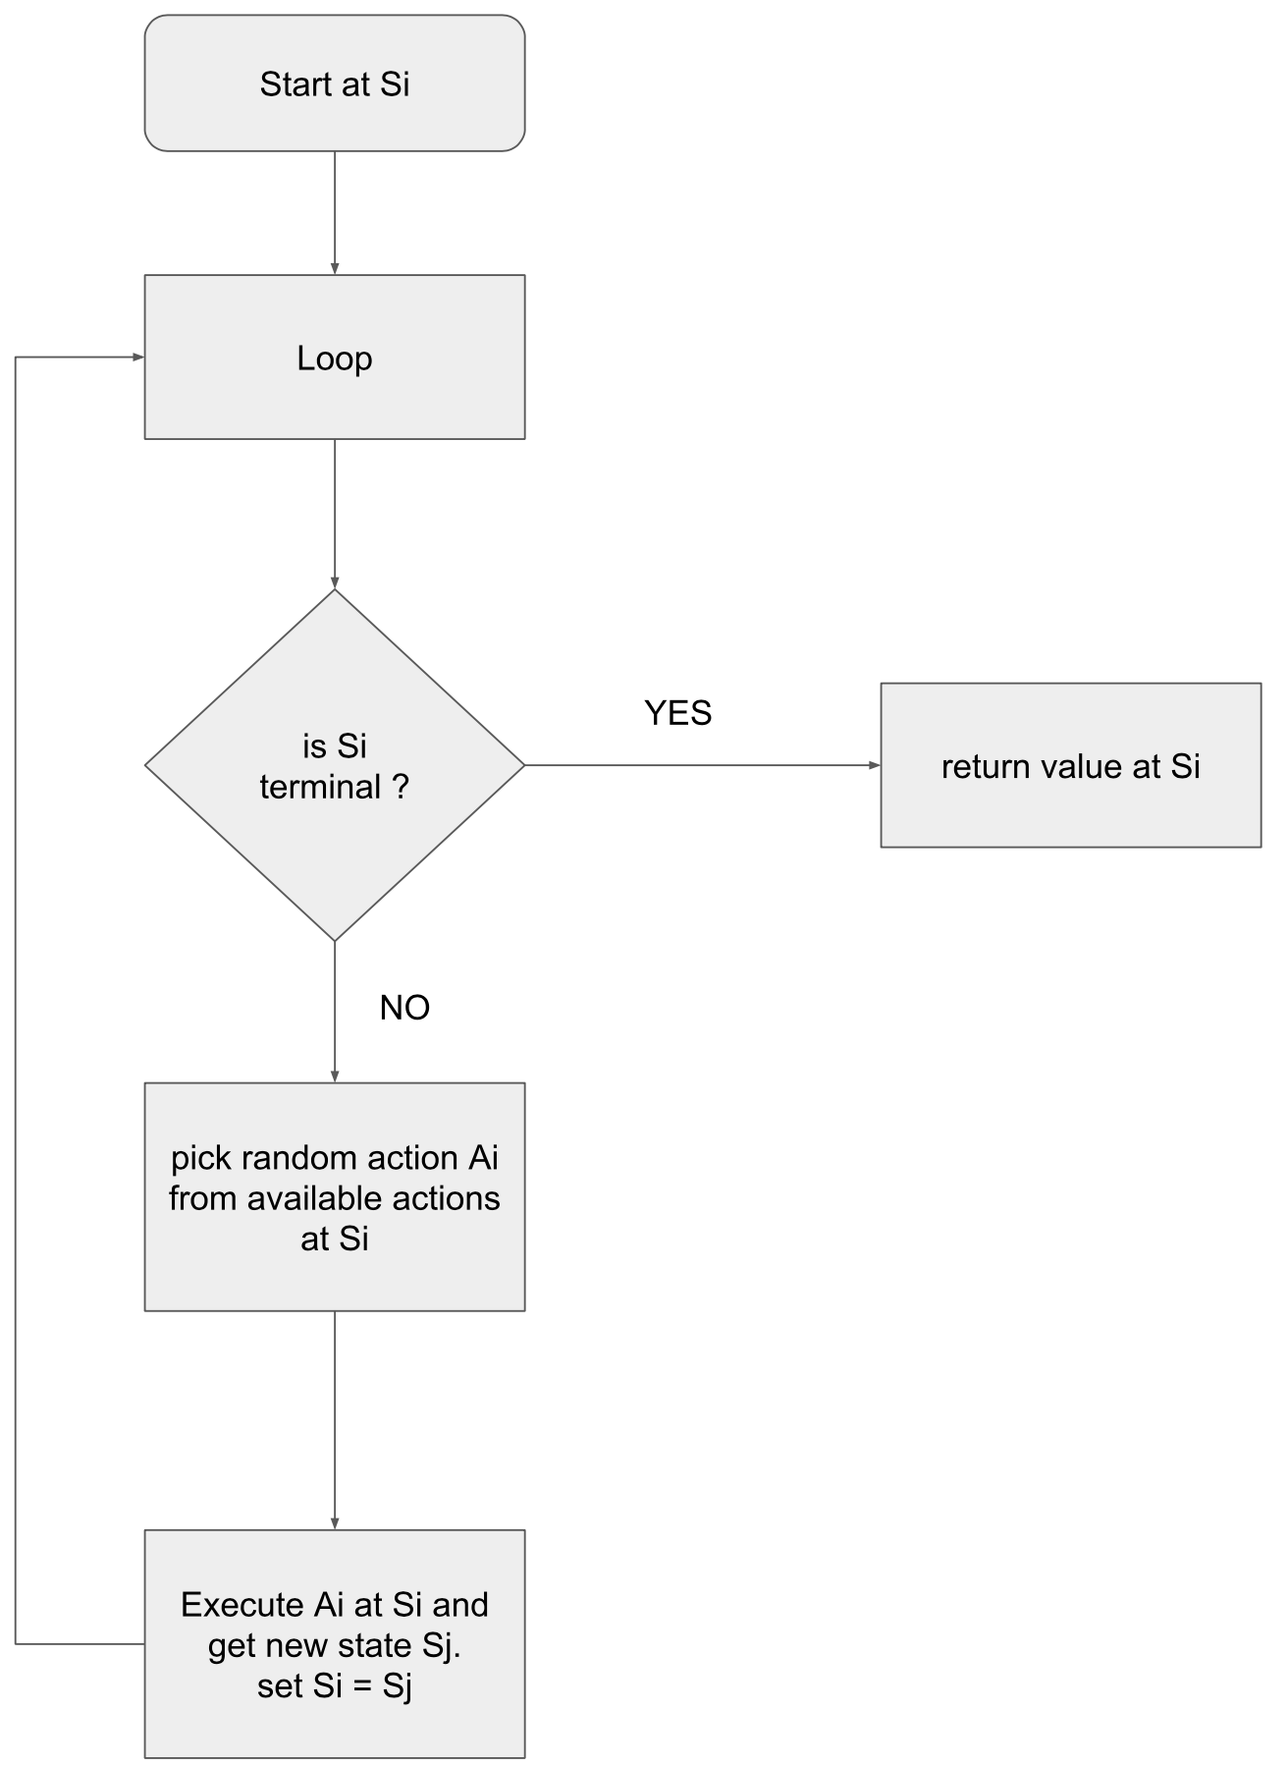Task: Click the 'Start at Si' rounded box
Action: (x=335, y=83)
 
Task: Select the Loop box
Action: (x=335, y=357)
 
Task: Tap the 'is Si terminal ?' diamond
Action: (x=335, y=765)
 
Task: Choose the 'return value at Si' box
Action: (x=1070, y=765)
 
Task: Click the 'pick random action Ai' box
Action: (x=335, y=1196)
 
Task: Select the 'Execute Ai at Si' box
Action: (x=335, y=1643)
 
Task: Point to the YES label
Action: (x=677, y=713)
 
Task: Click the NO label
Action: (x=404, y=1008)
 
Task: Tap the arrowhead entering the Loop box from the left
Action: (x=138, y=358)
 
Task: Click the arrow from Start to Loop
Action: (x=335, y=213)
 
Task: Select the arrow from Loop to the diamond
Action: (x=335, y=514)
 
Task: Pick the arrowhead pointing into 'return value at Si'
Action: (x=875, y=765)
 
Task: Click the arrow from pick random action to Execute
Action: (x=335, y=1420)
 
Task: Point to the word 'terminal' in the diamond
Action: (x=320, y=787)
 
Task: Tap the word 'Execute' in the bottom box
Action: (x=242, y=1605)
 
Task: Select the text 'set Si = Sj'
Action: (x=335, y=1686)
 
